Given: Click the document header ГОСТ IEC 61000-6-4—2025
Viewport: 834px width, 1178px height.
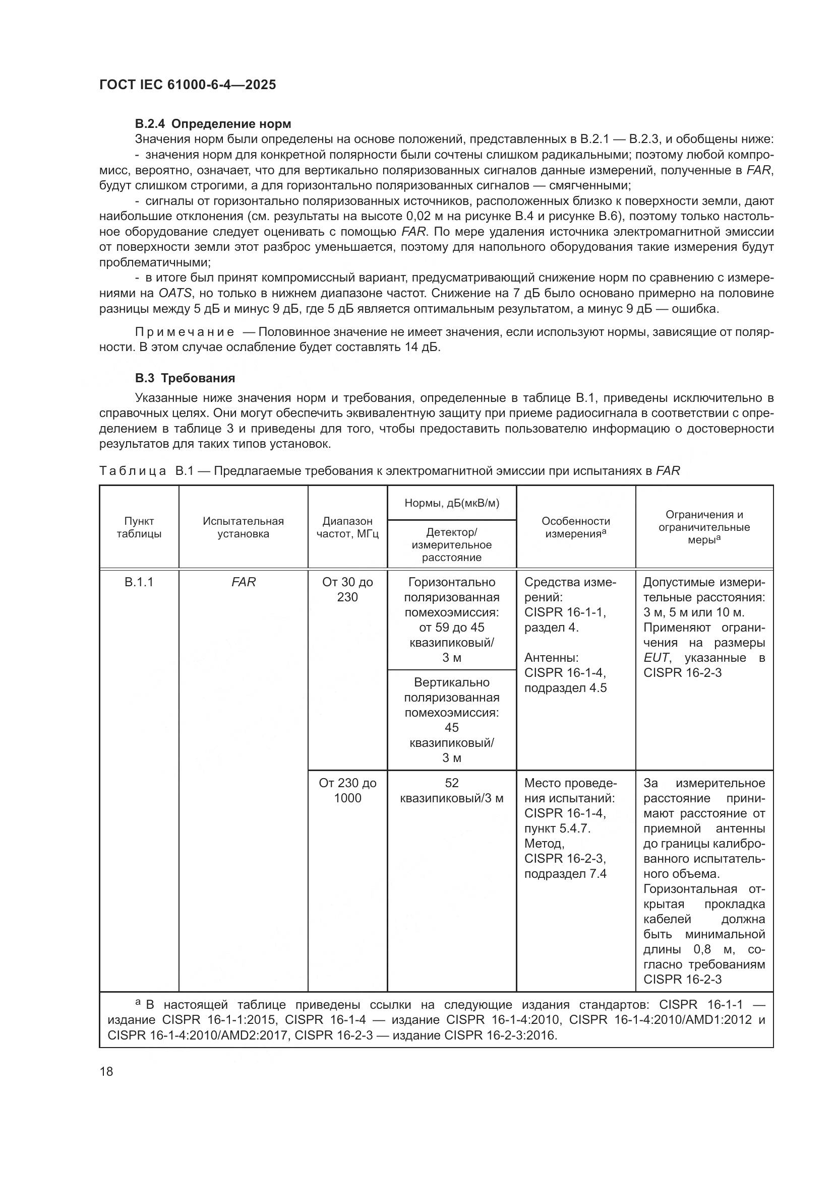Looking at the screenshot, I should pyautogui.click(x=188, y=85).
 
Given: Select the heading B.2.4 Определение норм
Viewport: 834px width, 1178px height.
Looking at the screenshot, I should pyautogui.click(x=213, y=124).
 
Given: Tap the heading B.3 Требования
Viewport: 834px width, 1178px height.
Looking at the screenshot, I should pyautogui.click(x=185, y=378).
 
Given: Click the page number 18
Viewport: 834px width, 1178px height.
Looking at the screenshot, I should pyautogui.click(x=106, y=1071).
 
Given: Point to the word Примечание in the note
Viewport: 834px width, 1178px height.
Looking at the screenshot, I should pyautogui.click(x=185, y=332).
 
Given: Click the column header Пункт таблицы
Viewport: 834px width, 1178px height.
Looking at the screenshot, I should pyautogui.click(x=139, y=527).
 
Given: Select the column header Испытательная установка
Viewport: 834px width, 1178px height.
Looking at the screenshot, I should pyautogui.click(x=243, y=527).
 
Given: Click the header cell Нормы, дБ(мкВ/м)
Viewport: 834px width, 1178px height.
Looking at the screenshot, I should pyautogui.click(x=451, y=503).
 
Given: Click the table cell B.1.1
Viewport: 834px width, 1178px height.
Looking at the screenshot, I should pyautogui.click(x=139, y=582).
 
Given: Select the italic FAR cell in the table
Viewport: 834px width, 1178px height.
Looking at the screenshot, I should pyautogui.click(x=243, y=582).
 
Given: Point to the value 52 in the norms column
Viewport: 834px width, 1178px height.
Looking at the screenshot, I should pyautogui.click(x=451, y=783).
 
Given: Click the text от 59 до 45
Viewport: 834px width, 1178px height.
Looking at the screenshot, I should pyautogui.click(x=451, y=628).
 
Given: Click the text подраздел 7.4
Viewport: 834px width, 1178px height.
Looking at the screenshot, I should pyautogui.click(x=565, y=874).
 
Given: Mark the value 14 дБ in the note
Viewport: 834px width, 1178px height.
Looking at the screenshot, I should pyautogui.click(x=422, y=348).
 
